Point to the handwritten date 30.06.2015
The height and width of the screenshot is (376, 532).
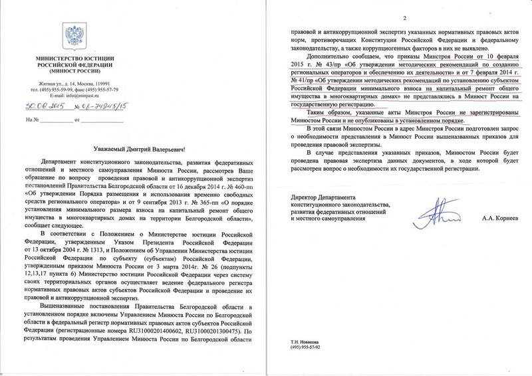point(44,106)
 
